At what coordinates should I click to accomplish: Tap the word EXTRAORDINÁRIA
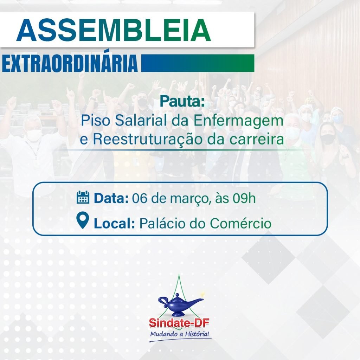click(70, 63)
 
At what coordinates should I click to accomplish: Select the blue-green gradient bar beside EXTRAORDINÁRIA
click(197, 63)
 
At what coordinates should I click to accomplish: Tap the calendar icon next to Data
click(83, 198)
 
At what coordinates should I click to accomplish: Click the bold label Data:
click(111, 198)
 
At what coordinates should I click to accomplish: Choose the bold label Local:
click(114, 223)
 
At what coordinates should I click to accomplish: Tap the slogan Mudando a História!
click(180, 333)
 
